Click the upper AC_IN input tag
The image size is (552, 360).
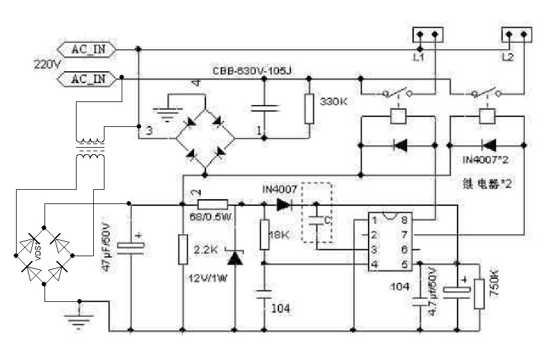85,49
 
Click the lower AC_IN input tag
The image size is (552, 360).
85,78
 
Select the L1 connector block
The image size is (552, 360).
427,35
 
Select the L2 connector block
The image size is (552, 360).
516,35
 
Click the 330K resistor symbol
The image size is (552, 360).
309,108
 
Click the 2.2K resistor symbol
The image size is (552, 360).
182,249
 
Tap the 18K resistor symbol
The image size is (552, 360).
263,234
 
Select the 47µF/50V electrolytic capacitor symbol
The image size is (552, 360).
130,246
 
